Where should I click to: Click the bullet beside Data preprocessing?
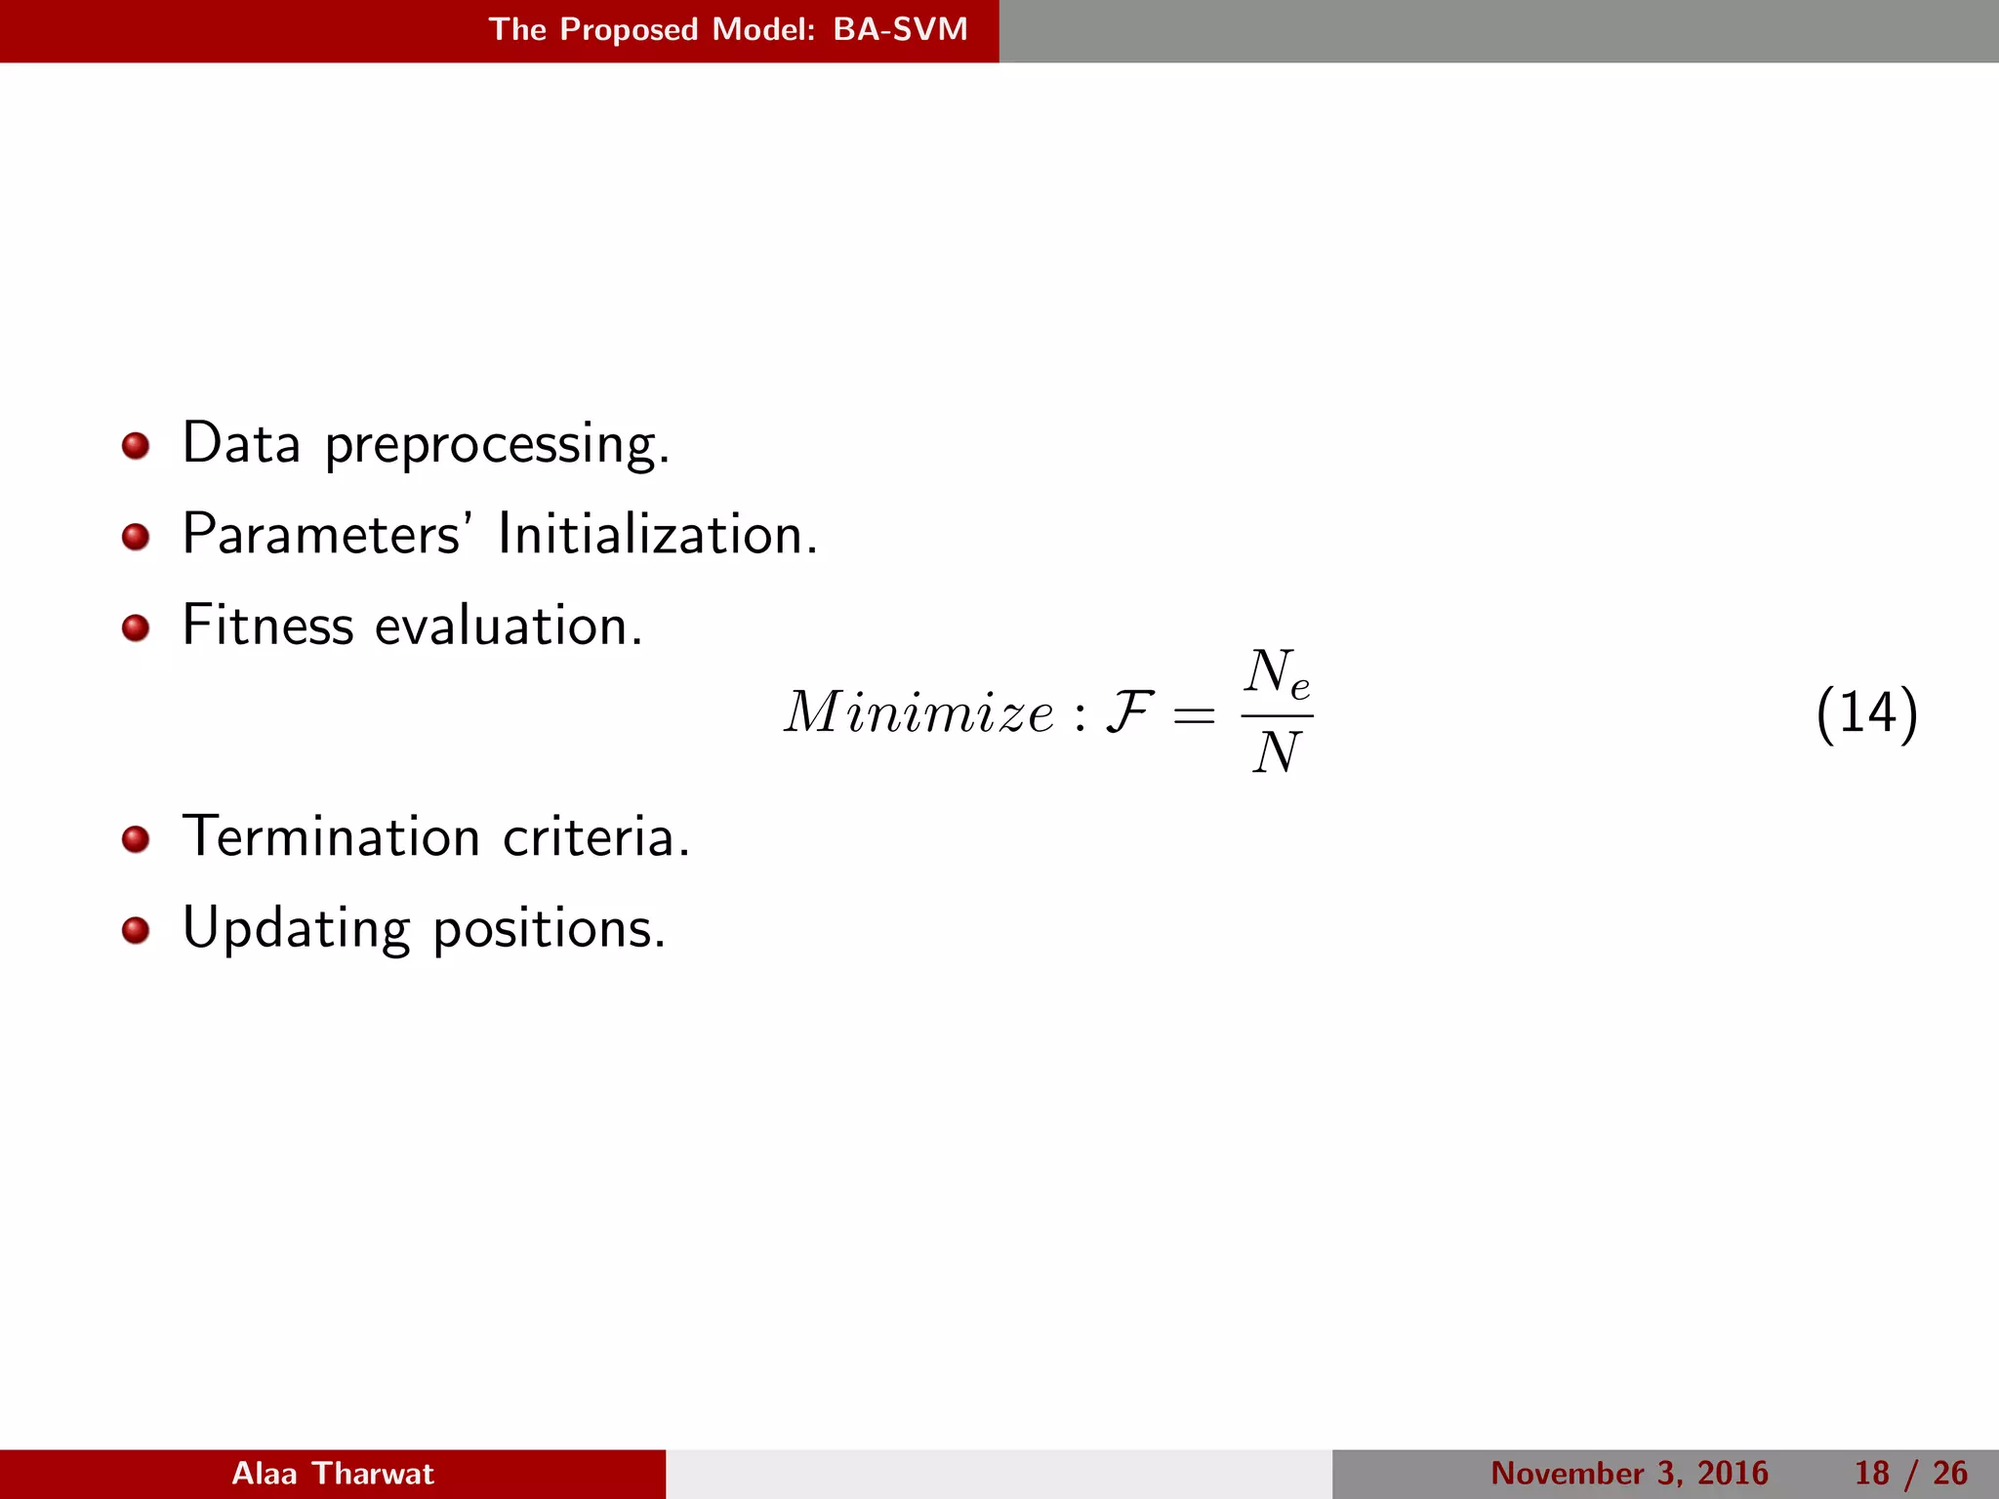(136, 446)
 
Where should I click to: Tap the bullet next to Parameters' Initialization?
(136, 537)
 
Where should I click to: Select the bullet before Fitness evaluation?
(136, 628)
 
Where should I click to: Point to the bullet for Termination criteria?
(136, 839)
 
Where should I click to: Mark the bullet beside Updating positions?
(136, 930)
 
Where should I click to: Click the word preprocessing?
(497, 446)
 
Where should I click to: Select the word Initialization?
(657, 535)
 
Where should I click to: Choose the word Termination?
(331, 837)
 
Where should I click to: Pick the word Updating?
(296, 929)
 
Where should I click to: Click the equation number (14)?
(1866, 713)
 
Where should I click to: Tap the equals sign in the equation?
(1195, 716)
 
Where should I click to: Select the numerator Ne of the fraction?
(1277, 674)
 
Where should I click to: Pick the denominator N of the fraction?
(1277, 753)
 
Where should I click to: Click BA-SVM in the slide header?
(900, 29)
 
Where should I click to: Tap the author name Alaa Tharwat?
(333, 1474)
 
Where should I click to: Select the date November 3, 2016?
(1629, 1474)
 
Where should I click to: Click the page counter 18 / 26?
(1910, 1474)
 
